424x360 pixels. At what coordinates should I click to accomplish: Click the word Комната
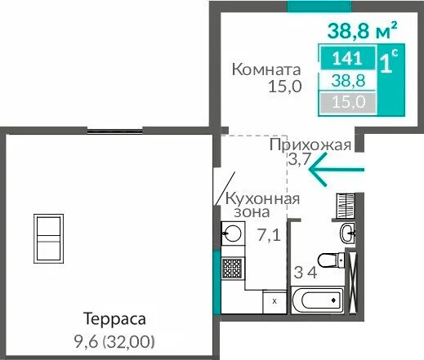click(x=266, y=69)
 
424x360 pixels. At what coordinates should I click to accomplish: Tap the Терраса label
click(x=114, y=318)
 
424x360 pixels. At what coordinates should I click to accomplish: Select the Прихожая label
click(x=310, y=145)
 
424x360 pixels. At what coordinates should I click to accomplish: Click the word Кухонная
click(x=263, y=199)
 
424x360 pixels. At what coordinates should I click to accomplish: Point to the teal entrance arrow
click(x=337, y=170)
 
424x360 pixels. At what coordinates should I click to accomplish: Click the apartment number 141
click(x=347, y=58)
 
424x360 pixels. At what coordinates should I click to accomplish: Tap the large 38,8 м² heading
click(x=363, y=30)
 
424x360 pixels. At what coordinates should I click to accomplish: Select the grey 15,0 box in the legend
click(x=348, y=103)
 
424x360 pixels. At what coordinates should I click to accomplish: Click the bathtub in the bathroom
click(x=317, y=300)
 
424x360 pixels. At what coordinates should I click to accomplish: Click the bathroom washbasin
click(x=347, y=233)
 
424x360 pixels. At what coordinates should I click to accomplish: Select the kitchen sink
click(x=233, y=233)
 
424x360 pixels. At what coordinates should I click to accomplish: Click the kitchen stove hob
click(x=233, y=269)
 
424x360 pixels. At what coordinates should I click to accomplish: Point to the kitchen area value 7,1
click(x=269, y=235)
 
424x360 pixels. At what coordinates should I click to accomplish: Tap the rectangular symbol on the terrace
click(x=48, y=239)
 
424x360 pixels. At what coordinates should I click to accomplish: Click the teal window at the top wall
click(x=319, y=7)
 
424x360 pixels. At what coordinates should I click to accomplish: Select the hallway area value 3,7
click(x=299, y=159)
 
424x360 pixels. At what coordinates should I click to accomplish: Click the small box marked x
click(x=274, y=301)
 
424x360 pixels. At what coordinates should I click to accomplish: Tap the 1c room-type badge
click(x=389, y=62)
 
